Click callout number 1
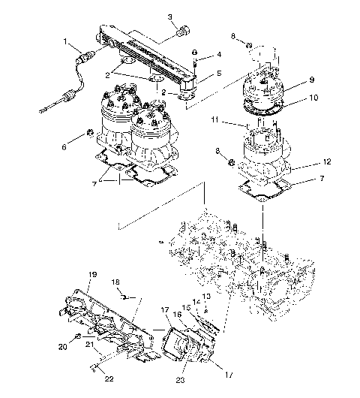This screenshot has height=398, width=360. (66, 41)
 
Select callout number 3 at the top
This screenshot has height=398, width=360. (169, 17)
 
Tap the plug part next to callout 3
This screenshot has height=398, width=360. (181, 32)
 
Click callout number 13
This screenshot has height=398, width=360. (207, 297)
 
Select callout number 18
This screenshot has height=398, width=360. (115, 282)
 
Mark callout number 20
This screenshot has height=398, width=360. (63, 347)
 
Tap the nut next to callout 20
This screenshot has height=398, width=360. (78, 338)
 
